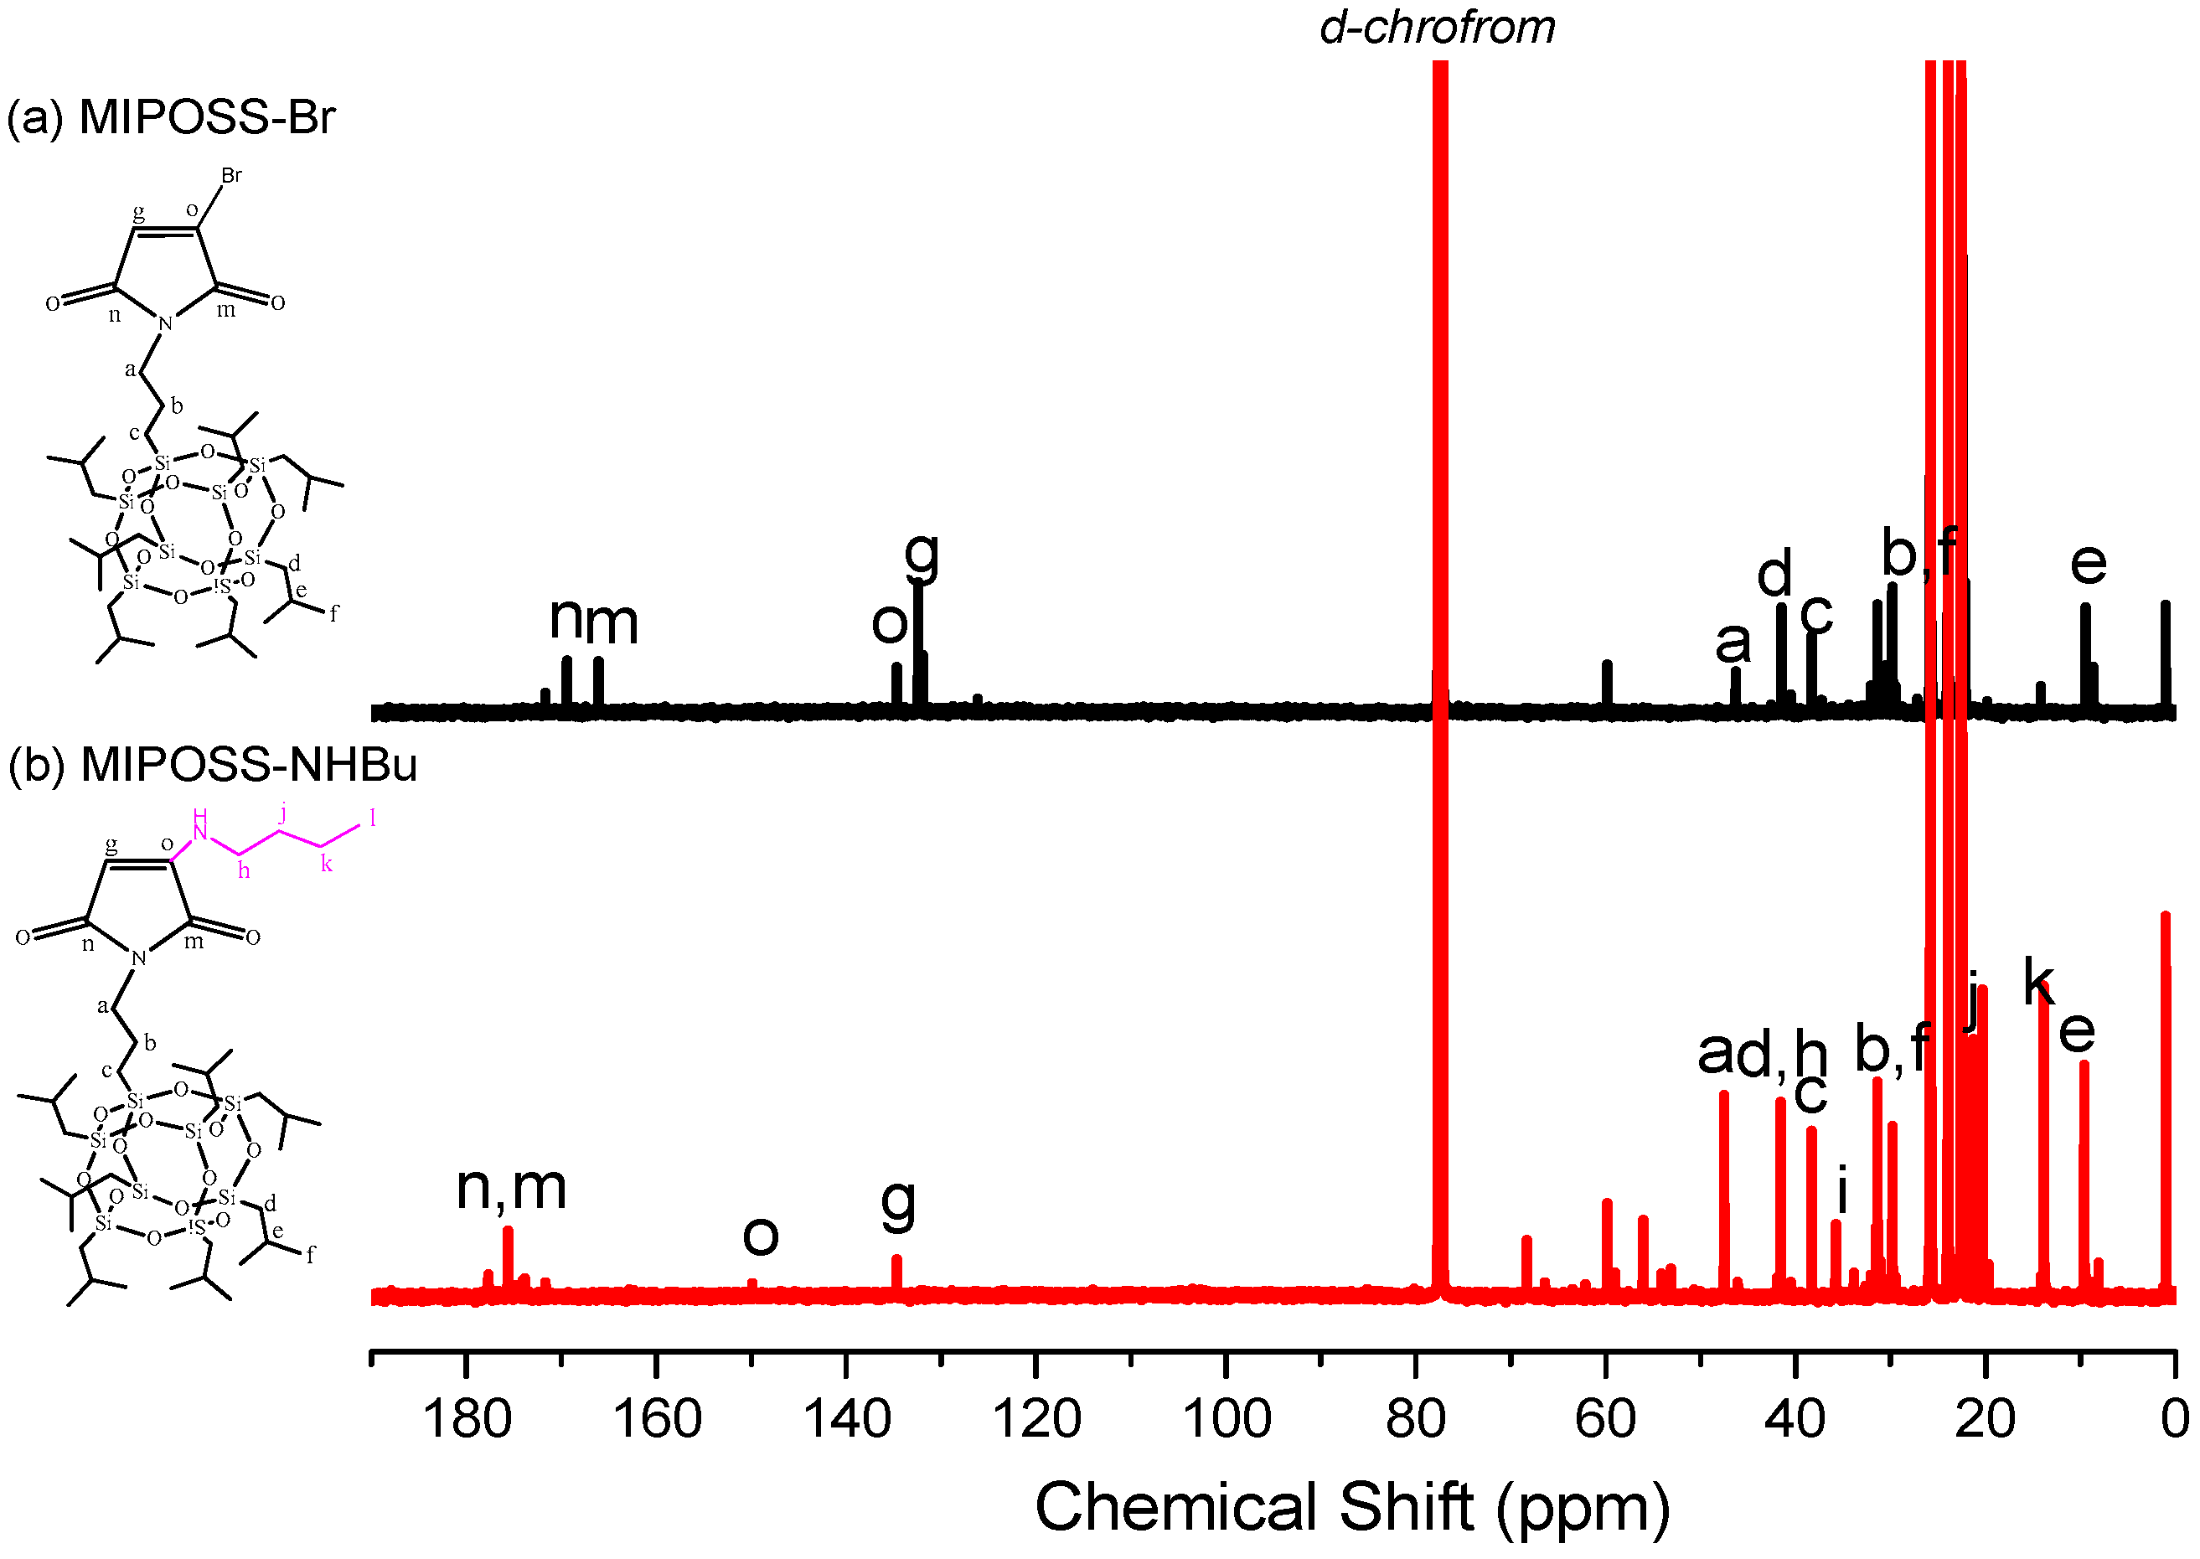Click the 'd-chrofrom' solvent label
pyautogui.click(x=1437, y=27)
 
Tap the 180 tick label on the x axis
pyautogui.click(x=467, y=1419)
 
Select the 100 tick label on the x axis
pyautogui.click(x=1227, y=1419)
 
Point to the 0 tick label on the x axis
pyautogui.click(x=2175, y=1419)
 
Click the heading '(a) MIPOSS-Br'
pyautogui.click(x=171, y=117)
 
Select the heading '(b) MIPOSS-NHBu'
pyautogui.click(x=212, y=765)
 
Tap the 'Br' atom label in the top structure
pyautogui.click(x=231, y=175)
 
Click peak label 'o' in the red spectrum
pyautogui.click(x=760, y=1236)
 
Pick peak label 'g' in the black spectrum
pyautogui.click(x=922, y=554)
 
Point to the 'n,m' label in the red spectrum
pyautogui.click(x=511, y=1188)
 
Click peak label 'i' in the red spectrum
pyautogui.click(x=1841, y=1190)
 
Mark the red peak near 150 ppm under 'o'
pyautogui.click(x=752, y=1284)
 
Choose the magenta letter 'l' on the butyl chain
pyautogui.click(x=373, y=817)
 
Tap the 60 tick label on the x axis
pyautogui.click(x=1606, y=1419)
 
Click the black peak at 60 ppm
pyautogui.click(x=1607, y=684)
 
